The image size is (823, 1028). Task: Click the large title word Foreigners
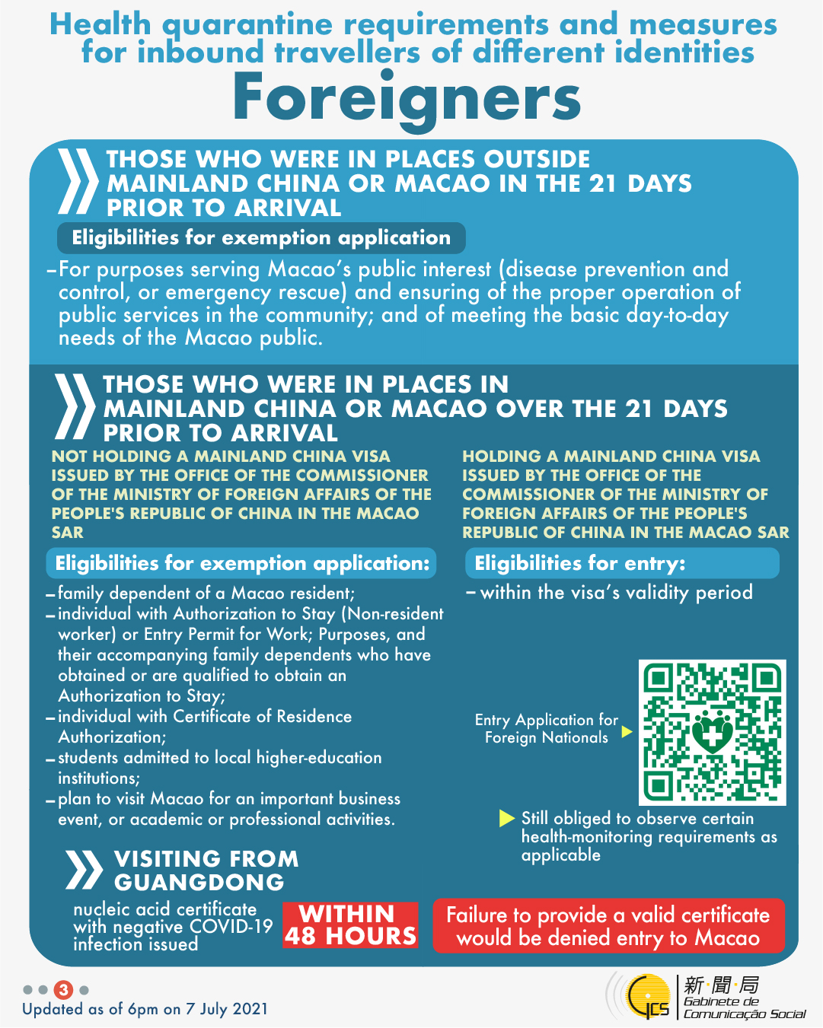(407, 98)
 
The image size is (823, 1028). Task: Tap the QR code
(712, 732)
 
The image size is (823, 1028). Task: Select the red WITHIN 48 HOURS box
(350, 925)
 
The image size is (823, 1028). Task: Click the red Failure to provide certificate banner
(608, 925)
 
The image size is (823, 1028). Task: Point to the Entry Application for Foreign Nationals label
(546, 728)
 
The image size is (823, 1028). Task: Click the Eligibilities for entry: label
(580, 563)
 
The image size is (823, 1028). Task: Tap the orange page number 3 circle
(64, 989)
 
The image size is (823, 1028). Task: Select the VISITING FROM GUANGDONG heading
(206, 870)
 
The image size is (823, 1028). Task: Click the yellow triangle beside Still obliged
(506, 818)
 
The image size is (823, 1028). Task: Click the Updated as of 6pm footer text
(145, 1009)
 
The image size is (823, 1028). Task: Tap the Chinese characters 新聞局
(721, 985)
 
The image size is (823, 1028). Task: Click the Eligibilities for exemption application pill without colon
(261, 237)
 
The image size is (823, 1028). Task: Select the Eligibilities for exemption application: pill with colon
(242, 563)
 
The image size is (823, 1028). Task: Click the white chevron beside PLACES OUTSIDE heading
(78, 182)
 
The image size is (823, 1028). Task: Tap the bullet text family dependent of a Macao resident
(206, 593)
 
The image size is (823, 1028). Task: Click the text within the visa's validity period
(616, 592)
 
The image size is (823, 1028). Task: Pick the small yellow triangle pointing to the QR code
(627, 731)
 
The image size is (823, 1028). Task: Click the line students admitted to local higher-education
(220, 758)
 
